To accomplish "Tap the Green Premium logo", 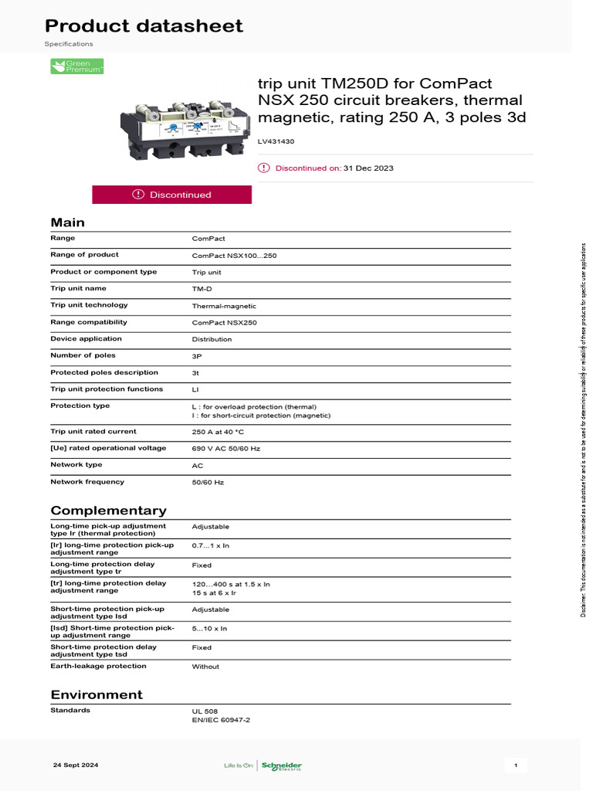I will [x=76, y=67].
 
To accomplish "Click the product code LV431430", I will [x=276, y=141].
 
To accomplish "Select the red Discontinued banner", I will [x=171, y=195].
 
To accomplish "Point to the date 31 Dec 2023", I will [x=368, y=168].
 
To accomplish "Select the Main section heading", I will [x=67, y=222].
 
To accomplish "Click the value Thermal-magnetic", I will [x=224, y=306].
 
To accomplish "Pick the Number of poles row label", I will [x=83, y=355].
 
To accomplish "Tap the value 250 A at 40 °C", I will [x=218, y=432].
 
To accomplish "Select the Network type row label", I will [x=76, y=465].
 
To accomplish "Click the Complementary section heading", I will [x=108, y=511].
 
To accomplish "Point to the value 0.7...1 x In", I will [x=211, y=545].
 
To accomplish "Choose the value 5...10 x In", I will [x=209, y=629].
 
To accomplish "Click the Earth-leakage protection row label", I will [x=98, y=666].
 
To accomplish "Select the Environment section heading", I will [x=97, y=694].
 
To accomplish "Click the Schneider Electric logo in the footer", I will [x=281, y=766].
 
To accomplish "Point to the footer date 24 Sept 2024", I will [x=76, y=766].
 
